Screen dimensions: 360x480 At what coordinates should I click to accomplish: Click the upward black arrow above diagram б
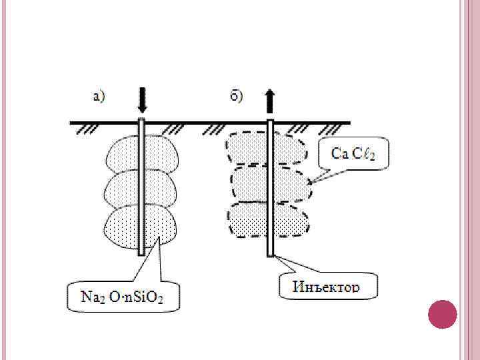pos(270,100)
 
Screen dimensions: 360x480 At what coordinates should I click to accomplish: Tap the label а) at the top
pos(99,97)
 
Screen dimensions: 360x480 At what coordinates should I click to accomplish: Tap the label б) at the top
pos(237,97)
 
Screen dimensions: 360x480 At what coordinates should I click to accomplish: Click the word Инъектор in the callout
pos(327,287)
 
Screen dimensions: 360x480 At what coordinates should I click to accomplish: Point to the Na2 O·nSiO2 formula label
pos(123,297)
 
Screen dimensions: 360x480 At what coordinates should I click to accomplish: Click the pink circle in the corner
pos(441,314)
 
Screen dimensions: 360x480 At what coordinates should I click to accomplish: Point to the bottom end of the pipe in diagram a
pos(141,253)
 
